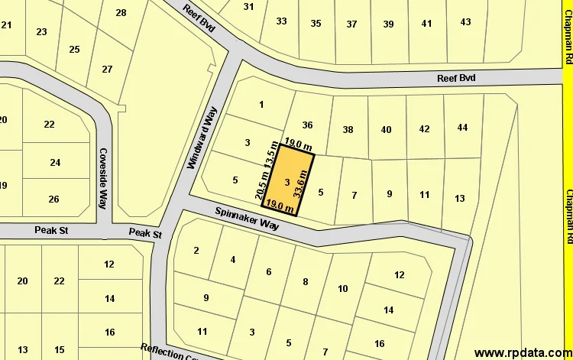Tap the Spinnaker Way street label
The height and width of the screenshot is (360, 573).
pos(247,220)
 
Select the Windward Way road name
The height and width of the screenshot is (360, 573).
pos(202,138)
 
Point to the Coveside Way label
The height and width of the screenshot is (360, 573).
pos(103,178)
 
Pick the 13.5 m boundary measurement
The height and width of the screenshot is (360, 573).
pos(269,155)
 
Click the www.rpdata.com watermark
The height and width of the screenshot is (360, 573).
pos(521,352)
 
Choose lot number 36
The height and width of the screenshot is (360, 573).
pos(308,125)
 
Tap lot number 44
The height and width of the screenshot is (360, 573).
pos(462,128)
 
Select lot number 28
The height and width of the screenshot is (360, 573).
pos(121,13)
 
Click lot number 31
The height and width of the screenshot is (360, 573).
pos(248,7)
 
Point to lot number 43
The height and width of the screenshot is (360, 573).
pos(465,22)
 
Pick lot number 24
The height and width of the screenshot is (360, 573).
pos(55,162)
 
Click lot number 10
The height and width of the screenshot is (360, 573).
pos(342,288)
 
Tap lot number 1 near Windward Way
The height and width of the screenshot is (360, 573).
pos(261,105)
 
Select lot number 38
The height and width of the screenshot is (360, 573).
pos(348,130)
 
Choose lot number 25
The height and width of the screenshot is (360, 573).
pos(74,50)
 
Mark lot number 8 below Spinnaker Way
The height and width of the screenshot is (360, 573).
pos(306,282)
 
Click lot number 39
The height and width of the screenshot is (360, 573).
pos(388,24)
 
